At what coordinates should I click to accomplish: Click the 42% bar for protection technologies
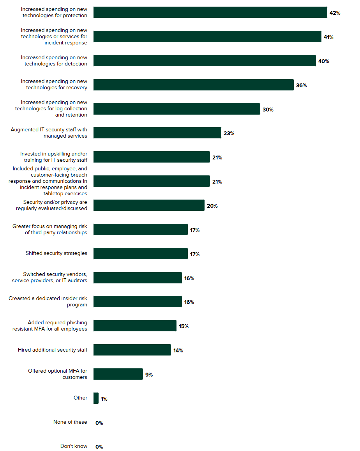(210, 12)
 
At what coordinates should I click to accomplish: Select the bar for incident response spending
(207, 37)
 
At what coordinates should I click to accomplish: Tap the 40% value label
(323, 61)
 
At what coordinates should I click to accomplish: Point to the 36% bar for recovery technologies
(193, 85)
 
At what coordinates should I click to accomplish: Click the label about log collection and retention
(51, 109)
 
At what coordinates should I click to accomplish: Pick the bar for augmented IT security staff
(157, 133)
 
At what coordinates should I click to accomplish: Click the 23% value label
(229, 133)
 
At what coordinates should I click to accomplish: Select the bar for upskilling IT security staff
(152, 157)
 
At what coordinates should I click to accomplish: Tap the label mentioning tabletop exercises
(48, 181)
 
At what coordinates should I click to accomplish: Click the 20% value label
(212, 206)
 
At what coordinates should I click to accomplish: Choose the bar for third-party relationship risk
(140, 230)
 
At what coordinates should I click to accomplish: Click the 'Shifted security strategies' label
(56, 253)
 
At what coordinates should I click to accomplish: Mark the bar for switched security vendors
(138, 278)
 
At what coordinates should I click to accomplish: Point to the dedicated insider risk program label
(48, 301)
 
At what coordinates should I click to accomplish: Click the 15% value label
(184, 326)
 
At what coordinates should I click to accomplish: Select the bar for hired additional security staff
(132, 350)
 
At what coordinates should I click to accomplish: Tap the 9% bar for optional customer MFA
(118, 374)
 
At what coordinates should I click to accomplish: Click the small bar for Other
(96, 398)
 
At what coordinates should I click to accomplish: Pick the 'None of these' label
(70, 422)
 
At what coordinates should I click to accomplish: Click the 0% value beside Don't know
(99, 447)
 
